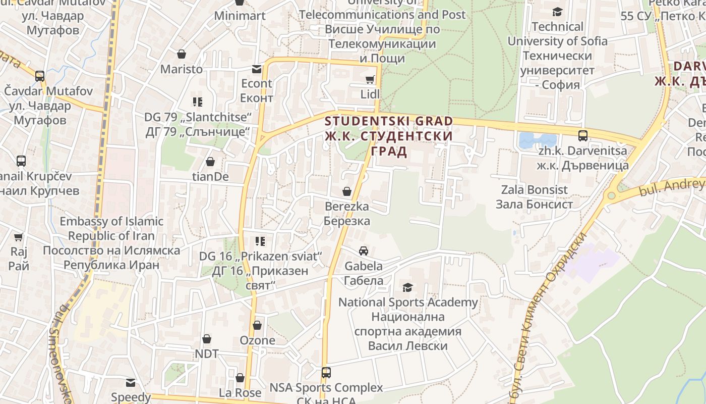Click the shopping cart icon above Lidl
[x=370, y=79]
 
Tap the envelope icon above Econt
[x=257, y=69]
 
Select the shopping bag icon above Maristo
[x=182, y=54]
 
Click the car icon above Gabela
[x=363, y=251]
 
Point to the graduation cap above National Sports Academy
[x=407, y=287]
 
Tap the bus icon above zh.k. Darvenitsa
[x=582, y=136]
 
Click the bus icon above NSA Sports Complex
[x=326, y=373]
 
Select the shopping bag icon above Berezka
[x=347, y=191]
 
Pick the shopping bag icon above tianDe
[x=210, y=162]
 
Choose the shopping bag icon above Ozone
[x=257, y=325]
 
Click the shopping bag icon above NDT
[x=206, y=339]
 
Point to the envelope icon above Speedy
[x=131, y=382]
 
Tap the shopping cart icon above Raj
[x=19, y=237]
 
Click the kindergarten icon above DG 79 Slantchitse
[x=198, y=102]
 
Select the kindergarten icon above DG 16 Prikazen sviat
[x=260, y=241]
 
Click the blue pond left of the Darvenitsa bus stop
[x=537, y=140]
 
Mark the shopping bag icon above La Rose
[x=240, y=378]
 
